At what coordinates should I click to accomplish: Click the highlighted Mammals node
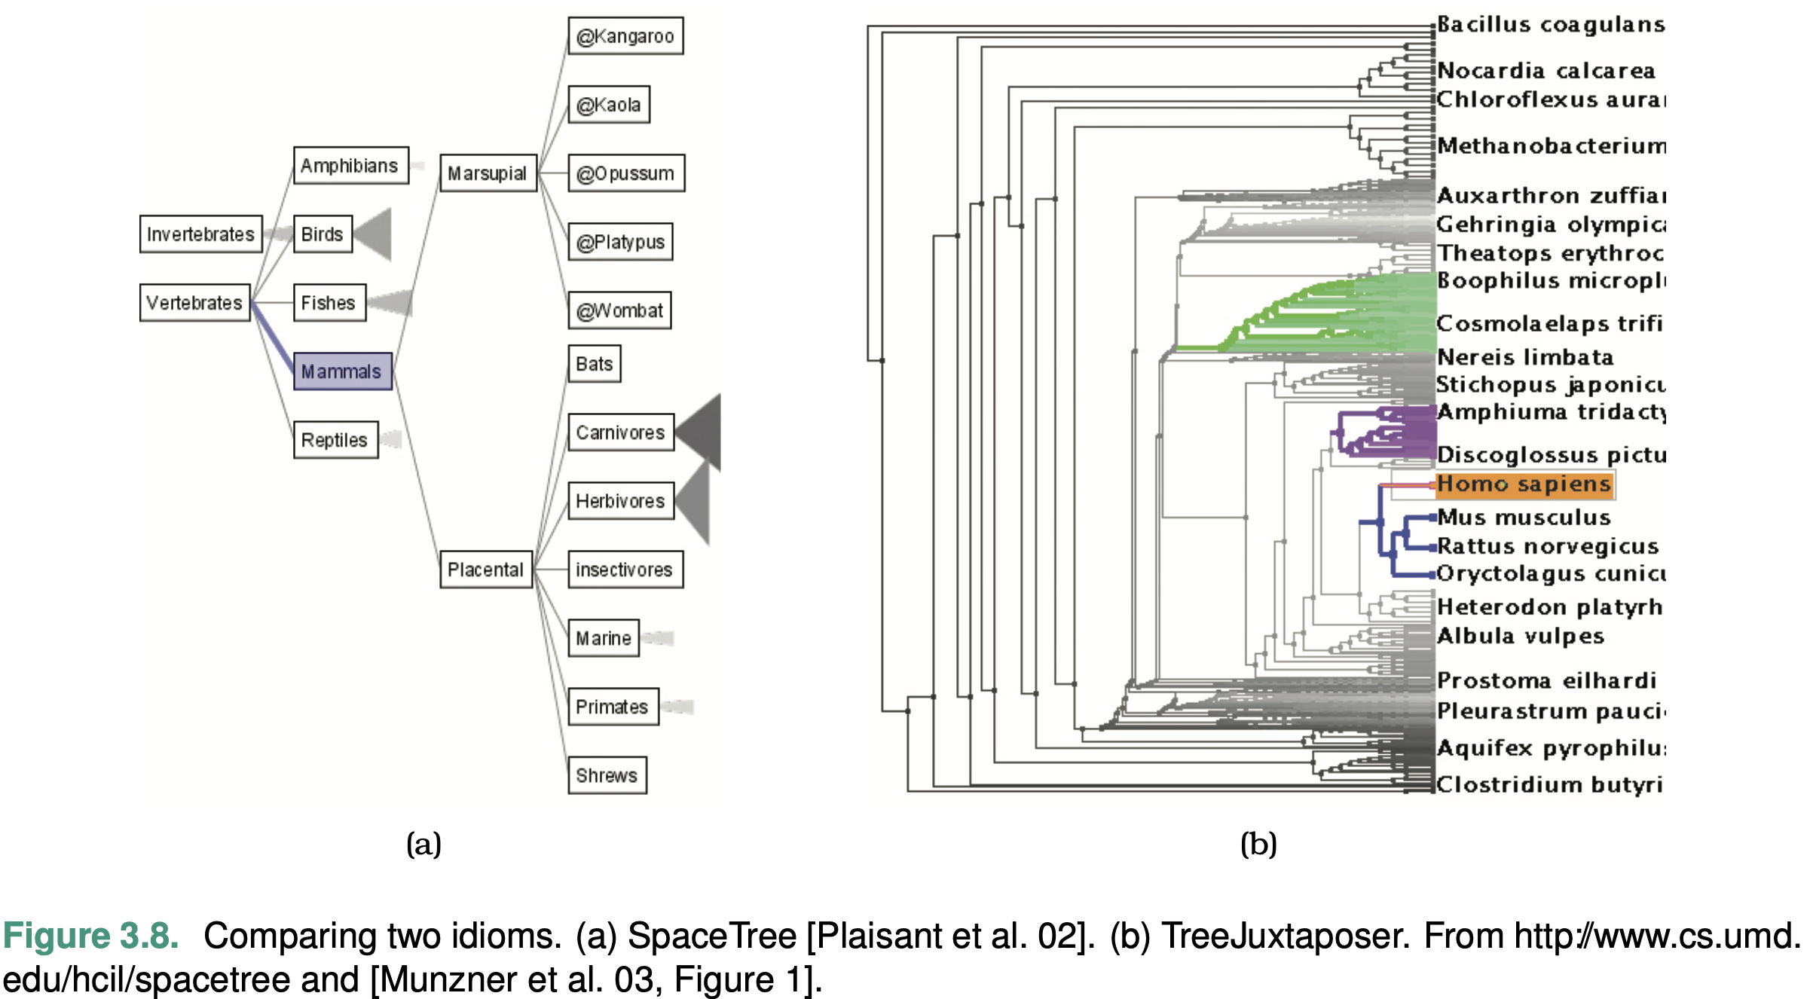click(342, 371)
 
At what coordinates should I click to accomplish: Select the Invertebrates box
click(200, 234)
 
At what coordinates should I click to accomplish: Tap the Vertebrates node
click(194, 303)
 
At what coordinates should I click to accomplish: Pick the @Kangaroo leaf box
click(625, 36)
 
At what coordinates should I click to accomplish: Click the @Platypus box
click(620, 242)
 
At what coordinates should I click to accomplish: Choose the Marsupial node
click(488, 173)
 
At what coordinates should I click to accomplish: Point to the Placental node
click(485, 570)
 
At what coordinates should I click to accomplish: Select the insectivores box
click(625, 570)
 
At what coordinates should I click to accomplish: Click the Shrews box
click(607, 775)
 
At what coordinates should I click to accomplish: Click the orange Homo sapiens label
click(1524, 484)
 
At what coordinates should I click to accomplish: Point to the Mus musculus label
click(1524, 518)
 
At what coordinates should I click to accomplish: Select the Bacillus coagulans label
click(1550, 25)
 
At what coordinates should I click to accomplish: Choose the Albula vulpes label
click(1520, 636)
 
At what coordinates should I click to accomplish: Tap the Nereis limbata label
click(1524, 357)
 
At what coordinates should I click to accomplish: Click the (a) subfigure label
click(423, 844)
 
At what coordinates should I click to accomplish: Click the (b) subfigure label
click(1258, 844)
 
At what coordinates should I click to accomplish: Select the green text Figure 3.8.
click(90, 936)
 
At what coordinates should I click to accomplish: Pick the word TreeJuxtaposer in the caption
click(1284, 936)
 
